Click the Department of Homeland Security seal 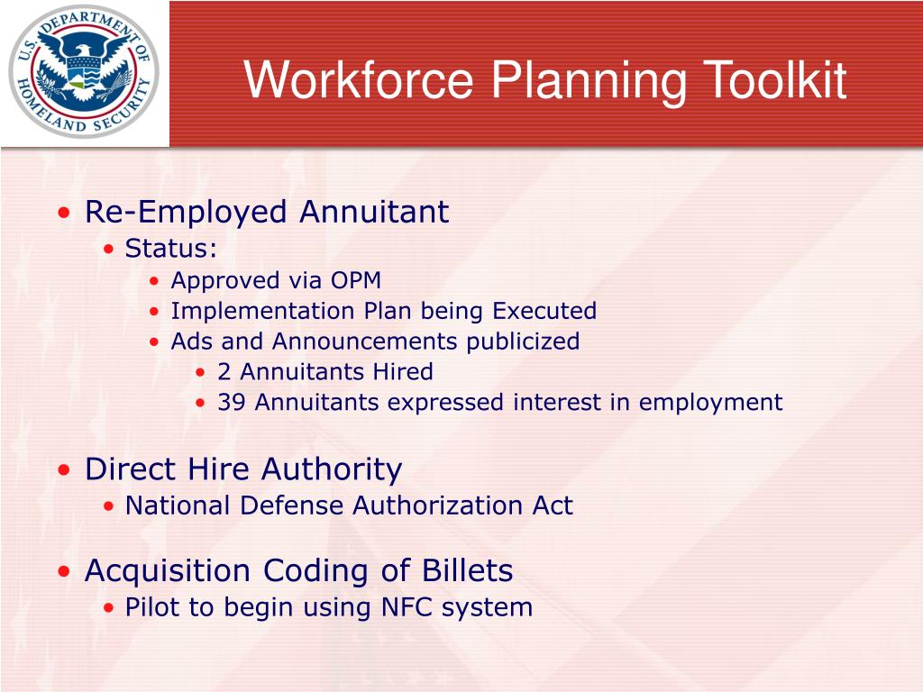(x=84, y=71)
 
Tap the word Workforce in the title (x=360, y=80)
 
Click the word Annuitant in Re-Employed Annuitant (x=373, y=213)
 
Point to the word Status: (x=171, y=248)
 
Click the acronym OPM (x=356, y=280)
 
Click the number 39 (x=232, y=402)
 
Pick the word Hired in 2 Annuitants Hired (x=405, y=371)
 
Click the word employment (x=711, y=403)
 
